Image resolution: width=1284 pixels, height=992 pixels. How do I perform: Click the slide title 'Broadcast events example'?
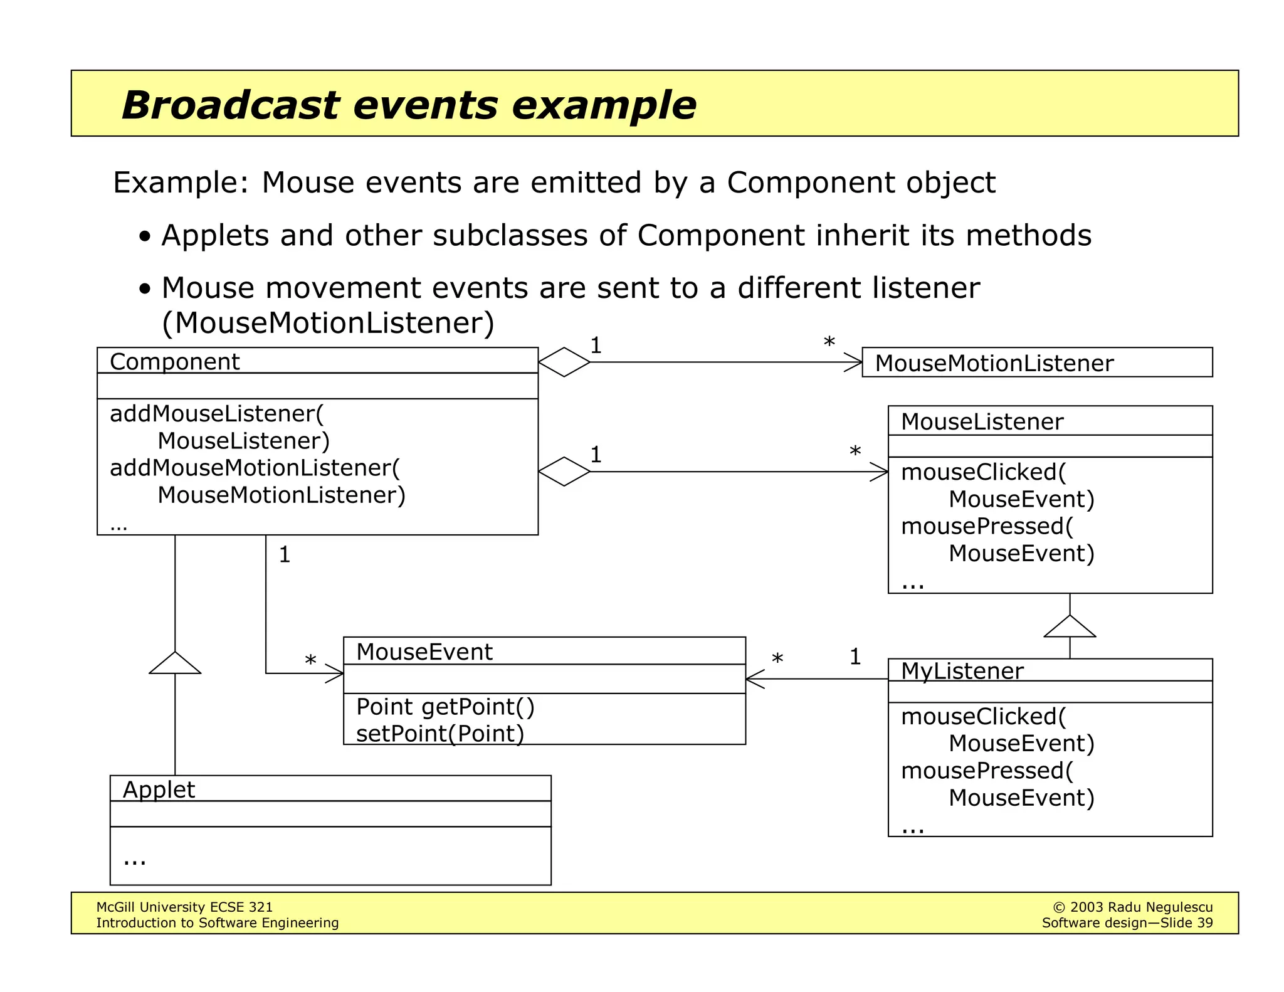coord(408,105)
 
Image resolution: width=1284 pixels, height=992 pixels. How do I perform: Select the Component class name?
coord(174,362)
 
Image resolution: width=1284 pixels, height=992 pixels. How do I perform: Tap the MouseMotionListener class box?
coord(1036,362)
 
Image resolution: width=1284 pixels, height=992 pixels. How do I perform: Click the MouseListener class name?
coord(981,421)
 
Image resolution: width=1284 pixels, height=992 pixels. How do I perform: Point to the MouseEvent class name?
coord(424,652)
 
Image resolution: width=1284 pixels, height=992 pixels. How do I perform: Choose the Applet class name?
coord(159,789)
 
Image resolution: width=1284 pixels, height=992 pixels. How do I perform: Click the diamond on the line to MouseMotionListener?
coord(564,362)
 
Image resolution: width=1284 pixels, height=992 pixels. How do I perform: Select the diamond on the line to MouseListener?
coord(564,472)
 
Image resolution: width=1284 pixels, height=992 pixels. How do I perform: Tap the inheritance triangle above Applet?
coord(175,663)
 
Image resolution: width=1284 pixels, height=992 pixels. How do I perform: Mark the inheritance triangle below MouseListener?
coord(1070,627)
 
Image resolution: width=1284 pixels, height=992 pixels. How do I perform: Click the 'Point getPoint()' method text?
coord(445,707)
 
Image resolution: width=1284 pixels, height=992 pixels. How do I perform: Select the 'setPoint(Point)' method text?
coord(439,734)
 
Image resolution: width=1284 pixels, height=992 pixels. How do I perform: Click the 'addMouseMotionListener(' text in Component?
coord(255,468)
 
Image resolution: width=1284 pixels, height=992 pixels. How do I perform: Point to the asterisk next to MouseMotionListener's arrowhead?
coord(829,343)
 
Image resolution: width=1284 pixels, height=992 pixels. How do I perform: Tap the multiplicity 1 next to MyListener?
coord(855,657)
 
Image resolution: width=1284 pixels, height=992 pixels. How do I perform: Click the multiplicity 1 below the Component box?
coord(284,555)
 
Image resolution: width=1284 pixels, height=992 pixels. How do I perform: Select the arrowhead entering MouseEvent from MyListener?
coord(754,678)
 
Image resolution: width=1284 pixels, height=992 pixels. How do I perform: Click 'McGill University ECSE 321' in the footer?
coord(184,907)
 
